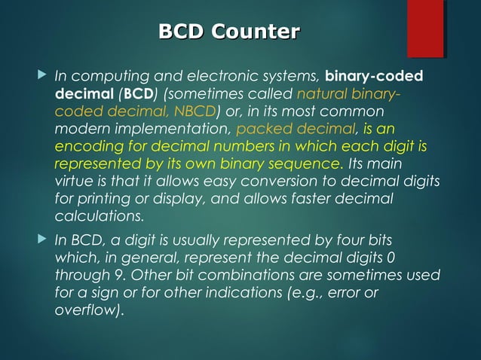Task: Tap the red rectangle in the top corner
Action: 425,29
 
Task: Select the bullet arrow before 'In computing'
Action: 41,76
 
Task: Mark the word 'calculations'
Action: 99,216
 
